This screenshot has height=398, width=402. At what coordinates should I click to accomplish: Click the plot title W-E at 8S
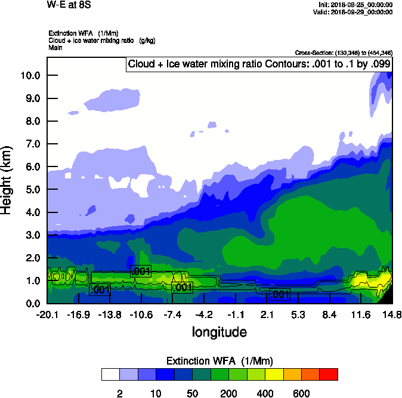coord(66,5)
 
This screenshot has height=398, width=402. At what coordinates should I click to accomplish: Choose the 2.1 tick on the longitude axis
coord(267,314)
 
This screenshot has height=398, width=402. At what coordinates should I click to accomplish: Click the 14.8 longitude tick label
coord(392,314)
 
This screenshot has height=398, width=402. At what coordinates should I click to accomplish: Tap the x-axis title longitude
coord(219,331)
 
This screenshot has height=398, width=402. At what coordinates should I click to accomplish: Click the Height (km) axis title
coord(8,180)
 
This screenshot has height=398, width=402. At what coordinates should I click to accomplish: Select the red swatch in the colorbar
coord(329,374)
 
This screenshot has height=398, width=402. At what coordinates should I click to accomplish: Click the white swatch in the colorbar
coord(110,374)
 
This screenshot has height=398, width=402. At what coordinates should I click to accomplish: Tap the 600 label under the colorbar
coord(301,393)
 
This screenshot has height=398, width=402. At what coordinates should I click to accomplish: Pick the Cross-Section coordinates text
coord(344,53)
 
